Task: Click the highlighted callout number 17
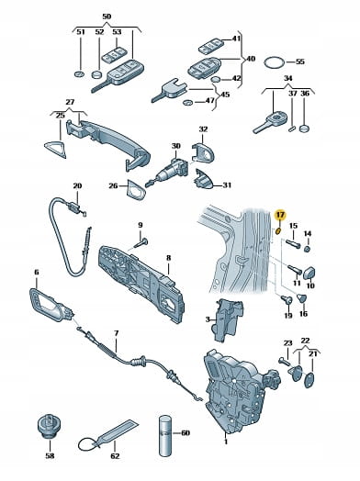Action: pos(280,215)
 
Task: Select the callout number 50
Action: pos(107,17)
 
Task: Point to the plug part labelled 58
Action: pos(49,425)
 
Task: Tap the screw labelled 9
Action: pos(141,243)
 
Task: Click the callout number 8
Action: pos(168,258)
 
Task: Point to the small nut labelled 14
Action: pos(308,249)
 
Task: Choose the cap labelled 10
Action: pos(310,274)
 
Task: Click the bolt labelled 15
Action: pos(292,245)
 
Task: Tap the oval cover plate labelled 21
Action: pos(309,380)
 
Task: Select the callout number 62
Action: pos(115,456)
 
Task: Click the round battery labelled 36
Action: pos(305,129)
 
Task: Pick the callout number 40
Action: pos(251,59)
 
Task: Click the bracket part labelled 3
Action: pos(228,320)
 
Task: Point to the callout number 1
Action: pos(226,442)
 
